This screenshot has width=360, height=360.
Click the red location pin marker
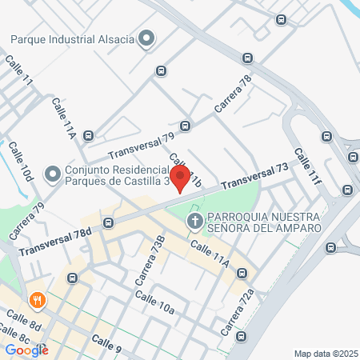coord(180,178)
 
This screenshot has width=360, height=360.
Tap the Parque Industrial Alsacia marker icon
coord(146,38)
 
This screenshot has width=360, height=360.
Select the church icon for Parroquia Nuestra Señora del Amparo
coord(194,220)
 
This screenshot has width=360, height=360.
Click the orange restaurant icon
coord(37,302)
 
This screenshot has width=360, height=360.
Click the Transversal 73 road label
coord(254,176)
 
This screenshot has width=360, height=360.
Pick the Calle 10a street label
coord(154,302)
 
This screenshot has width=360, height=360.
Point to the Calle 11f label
coord(306,167)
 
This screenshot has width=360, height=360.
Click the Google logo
coord(26,350)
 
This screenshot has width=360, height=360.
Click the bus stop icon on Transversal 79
coord(186,126)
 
